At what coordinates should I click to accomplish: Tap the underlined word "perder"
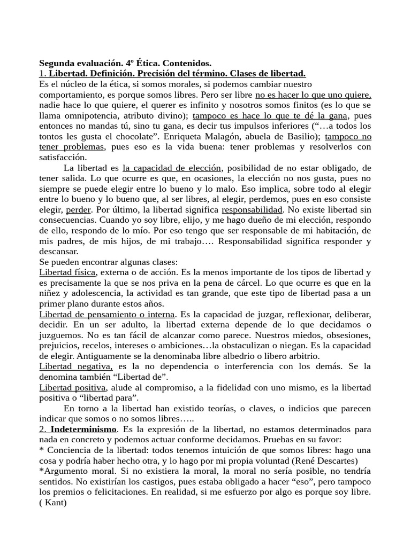click(79, 209)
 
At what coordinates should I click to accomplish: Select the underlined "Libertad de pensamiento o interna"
click(107, 314)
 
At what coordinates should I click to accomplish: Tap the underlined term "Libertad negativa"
click(75, 366)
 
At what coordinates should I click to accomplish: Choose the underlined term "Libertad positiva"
click(73, 387)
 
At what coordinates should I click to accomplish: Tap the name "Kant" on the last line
click(55, 503)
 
